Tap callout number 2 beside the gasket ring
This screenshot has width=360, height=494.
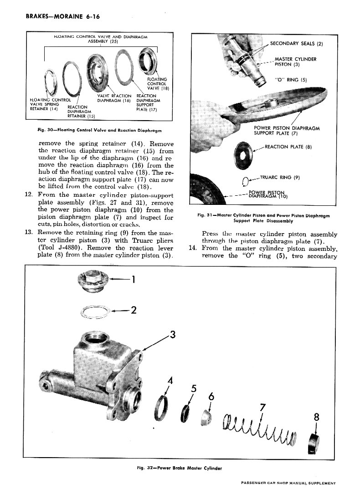(134, 310)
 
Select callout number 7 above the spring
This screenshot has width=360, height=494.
(262, 407)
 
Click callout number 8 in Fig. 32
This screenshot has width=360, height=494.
(317, 418)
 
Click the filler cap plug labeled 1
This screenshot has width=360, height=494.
(93, 278)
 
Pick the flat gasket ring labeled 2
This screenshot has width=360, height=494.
(95, 311)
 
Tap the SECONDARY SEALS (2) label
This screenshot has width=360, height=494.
(296, 44)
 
